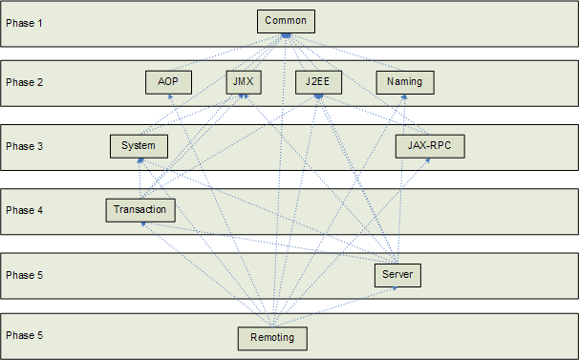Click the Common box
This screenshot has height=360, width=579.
tap(285, 21)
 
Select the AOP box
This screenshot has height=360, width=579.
tap(168, 82)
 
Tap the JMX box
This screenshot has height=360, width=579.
tap(243, 82)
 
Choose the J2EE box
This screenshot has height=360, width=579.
tap(317, 82)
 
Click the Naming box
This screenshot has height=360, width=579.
tap(404, 82)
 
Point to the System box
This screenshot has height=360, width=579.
tap(139, 146)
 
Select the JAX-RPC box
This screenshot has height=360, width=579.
tap(429, 146)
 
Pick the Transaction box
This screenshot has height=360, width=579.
tap(139, 209)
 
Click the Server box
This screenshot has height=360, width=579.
tap(397, 275)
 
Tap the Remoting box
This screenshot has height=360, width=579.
tap(272, 337)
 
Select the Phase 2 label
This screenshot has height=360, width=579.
tap(25, 83)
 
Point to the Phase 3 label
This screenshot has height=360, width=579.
tap(25, 147)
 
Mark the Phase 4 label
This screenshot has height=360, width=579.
tap(25, 210)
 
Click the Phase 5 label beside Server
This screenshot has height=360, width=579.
tap(25, 275)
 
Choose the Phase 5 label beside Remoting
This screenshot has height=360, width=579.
tap(25, 336)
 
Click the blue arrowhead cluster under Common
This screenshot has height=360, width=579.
tap(285, 36)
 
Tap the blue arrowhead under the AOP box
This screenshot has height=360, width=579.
tap(170, 96)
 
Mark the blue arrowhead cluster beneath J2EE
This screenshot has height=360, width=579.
tap(318, 96)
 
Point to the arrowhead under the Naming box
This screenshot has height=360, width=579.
tap(405, 96)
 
